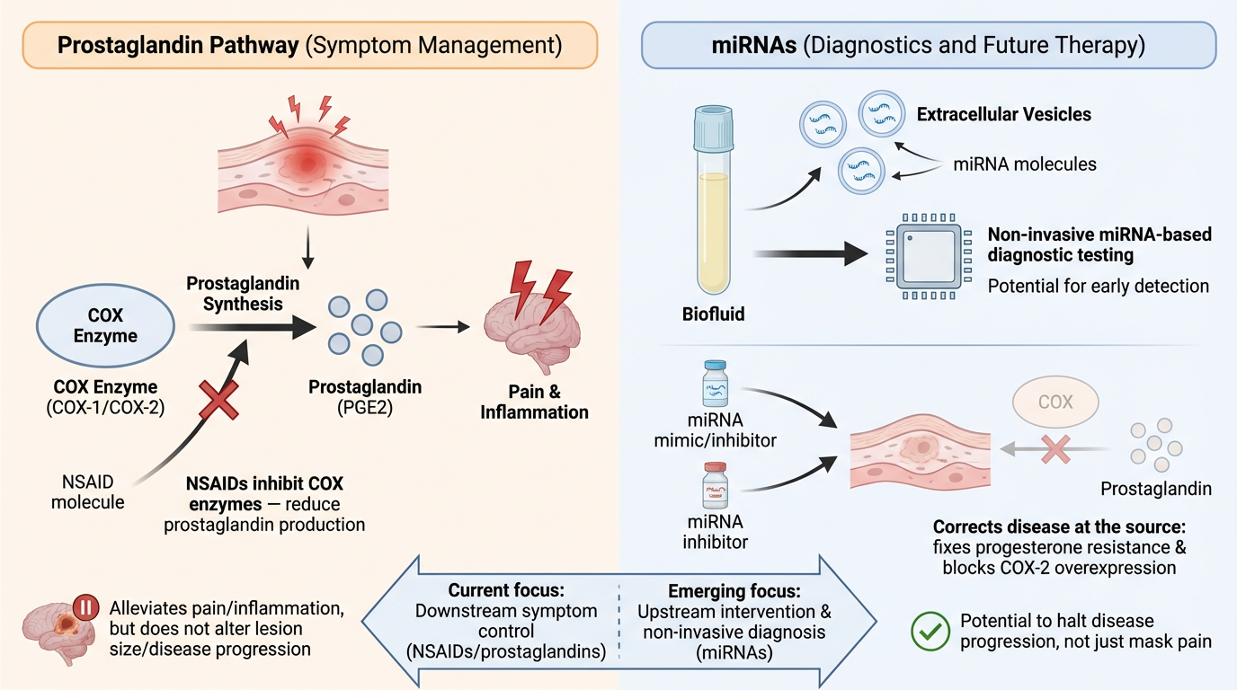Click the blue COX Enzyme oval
pos(106,326)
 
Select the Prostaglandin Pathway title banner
pos(310,46)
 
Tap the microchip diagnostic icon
pos(928,256)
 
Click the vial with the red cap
pos(716,486)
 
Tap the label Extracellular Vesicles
pos(1003,115)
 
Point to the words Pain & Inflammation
pos(534,402)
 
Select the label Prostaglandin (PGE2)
pos(364,397)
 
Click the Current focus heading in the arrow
pos(507,592)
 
